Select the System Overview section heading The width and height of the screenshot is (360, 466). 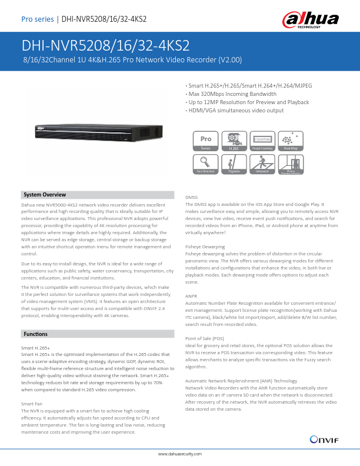(x=44, y=195)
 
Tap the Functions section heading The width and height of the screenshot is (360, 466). (x=35, y=334)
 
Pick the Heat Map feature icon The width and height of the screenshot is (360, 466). (x=289, y=142)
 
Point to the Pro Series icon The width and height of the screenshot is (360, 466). (x=205, y=142)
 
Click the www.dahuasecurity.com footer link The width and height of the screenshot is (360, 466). (x=180, y=455)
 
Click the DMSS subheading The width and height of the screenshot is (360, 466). (x=191, y=197)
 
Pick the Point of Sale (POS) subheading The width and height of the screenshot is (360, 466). (x=205, y=339)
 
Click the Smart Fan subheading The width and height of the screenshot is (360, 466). (x=31, y=403)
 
